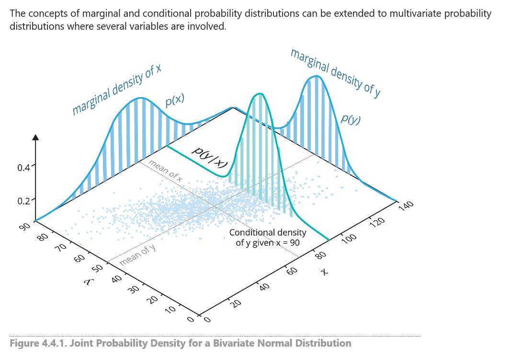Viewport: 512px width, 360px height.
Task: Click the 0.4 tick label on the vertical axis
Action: click(x=23, y=168)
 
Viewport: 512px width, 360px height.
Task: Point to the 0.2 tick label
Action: click(x=23, y=201)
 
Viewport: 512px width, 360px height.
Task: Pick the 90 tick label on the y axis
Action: click(x=25, y=227)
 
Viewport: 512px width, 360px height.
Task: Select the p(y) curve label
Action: click(x=351, y=118)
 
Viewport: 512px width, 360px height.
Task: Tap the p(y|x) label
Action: click(x=209, y=157)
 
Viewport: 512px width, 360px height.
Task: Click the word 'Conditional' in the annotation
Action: click(x=251, y=233)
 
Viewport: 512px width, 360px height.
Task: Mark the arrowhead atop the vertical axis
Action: click(x=35, y=137)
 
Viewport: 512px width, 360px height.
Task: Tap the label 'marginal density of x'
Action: click(x=116, y=91)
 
